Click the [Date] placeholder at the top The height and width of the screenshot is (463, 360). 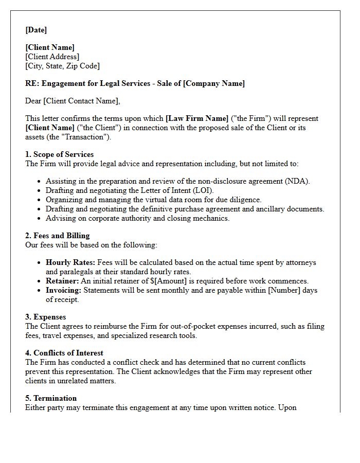coord(36,30)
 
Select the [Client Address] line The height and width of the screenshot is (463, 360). coord(52,57)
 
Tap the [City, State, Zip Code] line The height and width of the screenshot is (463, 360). coord(62,66)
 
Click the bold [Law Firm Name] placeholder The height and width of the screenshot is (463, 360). coord(197,118)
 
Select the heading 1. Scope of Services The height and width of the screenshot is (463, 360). coord(59,154)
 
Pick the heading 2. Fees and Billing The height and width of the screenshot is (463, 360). coord(57,236)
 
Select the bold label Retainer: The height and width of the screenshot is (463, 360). coord(62,281)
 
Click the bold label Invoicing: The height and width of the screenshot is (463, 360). coord(64,290)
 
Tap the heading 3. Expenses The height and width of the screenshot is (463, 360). coord(45,317)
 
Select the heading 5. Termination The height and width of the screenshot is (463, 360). coord(51,398)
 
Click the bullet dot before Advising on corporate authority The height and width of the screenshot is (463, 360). coord(39,218)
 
